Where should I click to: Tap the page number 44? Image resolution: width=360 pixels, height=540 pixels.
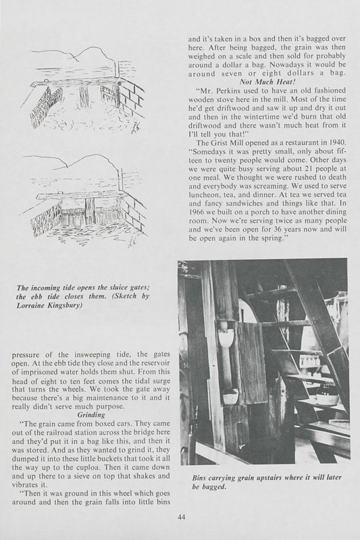179,516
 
